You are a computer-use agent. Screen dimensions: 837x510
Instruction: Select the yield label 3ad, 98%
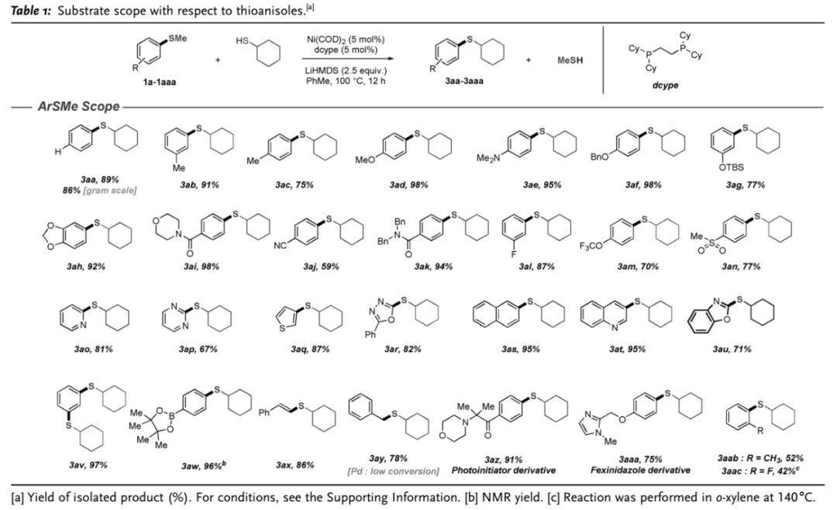pyautogui.click(x=409, y=185)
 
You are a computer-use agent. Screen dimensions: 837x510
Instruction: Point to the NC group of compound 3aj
pyautogui.click(x=281, y=246)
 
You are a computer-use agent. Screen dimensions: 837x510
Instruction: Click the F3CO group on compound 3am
pyautogui.click(x=591, y=246)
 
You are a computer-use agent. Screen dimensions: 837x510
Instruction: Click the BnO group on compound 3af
pyautogui.click(x=599, y=157)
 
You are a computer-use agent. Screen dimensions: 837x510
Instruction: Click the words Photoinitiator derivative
pyautogui.click(x=504, y=470)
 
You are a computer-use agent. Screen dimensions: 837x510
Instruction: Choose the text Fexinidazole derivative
pyautogui.click(x=640, y=470)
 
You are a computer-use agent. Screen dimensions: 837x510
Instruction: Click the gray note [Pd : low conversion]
pyautogui.click(x=393, y=471)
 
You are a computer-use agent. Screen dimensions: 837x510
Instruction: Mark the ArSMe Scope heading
pyautogui.click(x=78, y=106)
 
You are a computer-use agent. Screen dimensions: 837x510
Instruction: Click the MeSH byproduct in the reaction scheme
pyautogui.click(x=570, y=60)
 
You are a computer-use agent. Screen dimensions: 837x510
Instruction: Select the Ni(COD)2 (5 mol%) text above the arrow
pyautogui.click(x=346, y=40)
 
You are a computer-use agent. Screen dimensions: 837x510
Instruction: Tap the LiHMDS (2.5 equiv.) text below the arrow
pyautogui.click(x=346, y=71)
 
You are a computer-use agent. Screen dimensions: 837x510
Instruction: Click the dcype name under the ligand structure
pyautogui.click(x=665, y=85)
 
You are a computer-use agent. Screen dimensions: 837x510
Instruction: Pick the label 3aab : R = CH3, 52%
pyautogui.click(x=760, y=458)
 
